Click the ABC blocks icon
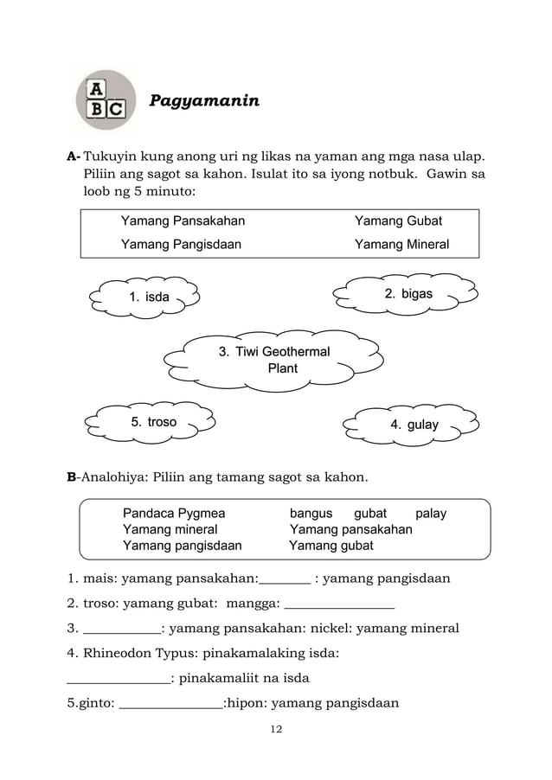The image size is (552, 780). (107, 100)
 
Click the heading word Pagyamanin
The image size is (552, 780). (204, 101)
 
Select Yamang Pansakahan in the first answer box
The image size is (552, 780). (183, 221)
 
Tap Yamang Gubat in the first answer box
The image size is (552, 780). (398, 221)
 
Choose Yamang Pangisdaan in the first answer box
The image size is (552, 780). (181, 244)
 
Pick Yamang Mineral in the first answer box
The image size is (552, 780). (401, 244)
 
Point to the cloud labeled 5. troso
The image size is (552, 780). (152, 422)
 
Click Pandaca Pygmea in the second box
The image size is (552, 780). (174, 514)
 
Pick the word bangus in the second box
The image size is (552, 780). (311, 514)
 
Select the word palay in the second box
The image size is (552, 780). (431, 514)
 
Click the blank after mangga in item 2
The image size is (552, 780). (339, 605)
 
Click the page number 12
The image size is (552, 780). (276, 730)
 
